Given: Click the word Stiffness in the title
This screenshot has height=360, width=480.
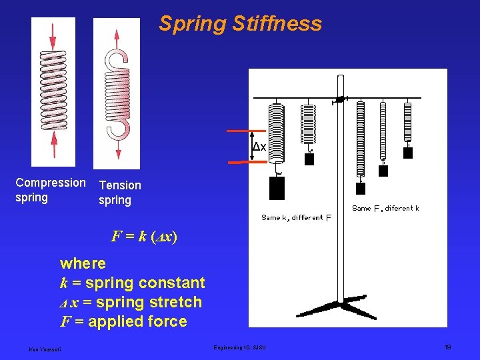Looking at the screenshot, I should [277, 24].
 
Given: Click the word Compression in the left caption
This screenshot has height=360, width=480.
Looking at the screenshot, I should [51, 183].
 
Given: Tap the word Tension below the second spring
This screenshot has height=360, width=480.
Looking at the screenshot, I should [120, 185].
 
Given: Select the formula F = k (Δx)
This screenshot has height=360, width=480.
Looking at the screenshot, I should [144, 237].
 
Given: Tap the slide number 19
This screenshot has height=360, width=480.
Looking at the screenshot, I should [447, 347].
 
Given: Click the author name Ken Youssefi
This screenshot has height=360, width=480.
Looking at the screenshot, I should [43, 349].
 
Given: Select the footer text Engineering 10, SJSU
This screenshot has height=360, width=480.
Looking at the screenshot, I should [239, 347].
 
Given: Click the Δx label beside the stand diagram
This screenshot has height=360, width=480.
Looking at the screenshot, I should [259, 147].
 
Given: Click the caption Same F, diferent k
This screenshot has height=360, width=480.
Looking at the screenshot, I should [385, 209].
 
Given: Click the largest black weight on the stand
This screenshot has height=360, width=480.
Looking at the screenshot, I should [276, 187].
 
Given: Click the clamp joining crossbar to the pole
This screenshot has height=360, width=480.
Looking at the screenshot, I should [340, 99].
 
